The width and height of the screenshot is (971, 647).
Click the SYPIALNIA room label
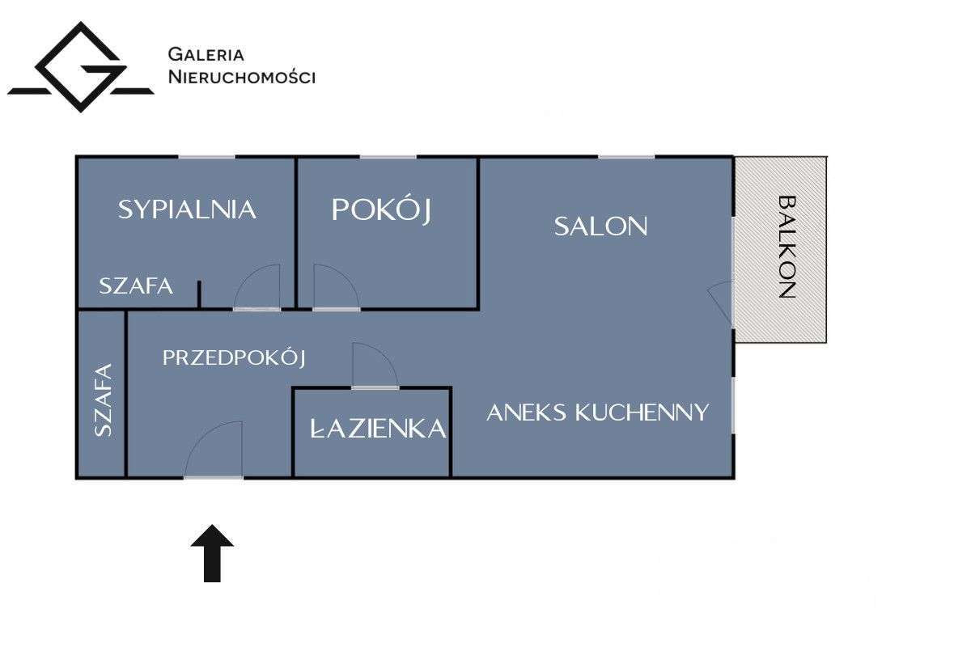(x=187, y=209)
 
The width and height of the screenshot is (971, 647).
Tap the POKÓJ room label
(x=381, y=209)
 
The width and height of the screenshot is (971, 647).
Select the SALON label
(x=600, y=226)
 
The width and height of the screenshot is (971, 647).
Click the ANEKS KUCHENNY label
(x=597, y=412)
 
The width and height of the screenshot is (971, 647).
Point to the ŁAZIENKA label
(x=378, y=429)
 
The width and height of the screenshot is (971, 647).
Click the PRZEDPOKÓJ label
(x=234, y=357)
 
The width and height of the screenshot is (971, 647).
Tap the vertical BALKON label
(x=787, y=247)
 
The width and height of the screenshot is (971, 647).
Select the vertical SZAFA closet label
(x=103, y=400)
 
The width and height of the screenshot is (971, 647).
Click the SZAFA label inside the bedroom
(x=136, y=285)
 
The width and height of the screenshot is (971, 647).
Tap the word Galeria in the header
(x=206, y=55)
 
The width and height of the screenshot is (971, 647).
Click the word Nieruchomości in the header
(x=241, y=78)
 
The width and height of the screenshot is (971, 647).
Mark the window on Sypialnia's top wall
(x=206, y=157)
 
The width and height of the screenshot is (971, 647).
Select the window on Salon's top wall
(x=626, y=157)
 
